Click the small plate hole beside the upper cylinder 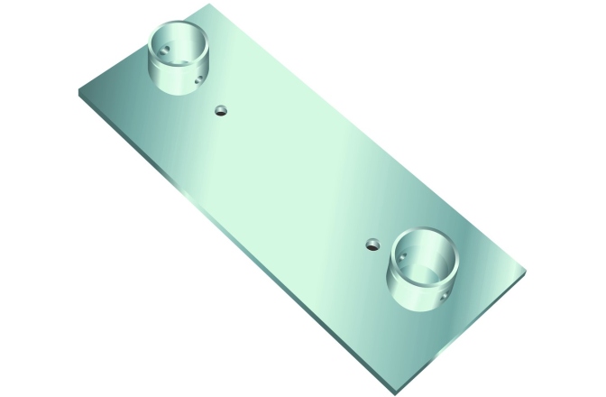pyautogui.click(x=221, y=111)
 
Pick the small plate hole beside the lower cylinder pyautogui.click(x=372, y=243)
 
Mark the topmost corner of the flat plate pyautogui.click(x=219, y=5)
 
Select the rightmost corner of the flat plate pyautogui.click(x=526, y=270)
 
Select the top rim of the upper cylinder pyautogui.click(x=177, y=27)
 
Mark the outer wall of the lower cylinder pyautogui.click(x=410, y=293)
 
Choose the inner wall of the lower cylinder pyautogui.click(x=442, y=248)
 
